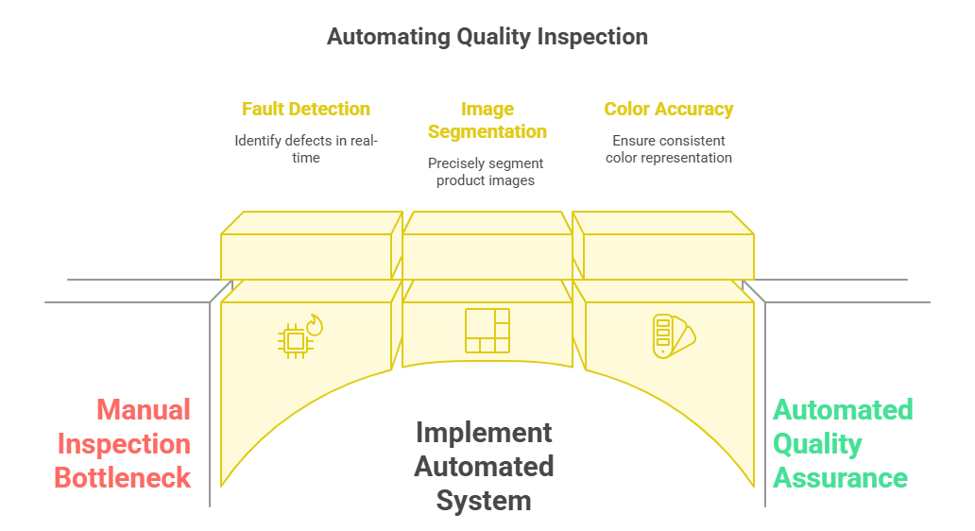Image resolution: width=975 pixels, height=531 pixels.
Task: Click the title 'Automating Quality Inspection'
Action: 487,37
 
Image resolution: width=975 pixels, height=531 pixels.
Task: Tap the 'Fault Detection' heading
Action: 305,109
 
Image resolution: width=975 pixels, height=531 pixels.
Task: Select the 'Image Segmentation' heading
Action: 487,120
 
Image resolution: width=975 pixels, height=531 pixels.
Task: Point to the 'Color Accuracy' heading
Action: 668,109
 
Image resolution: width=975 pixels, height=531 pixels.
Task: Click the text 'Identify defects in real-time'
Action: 305,149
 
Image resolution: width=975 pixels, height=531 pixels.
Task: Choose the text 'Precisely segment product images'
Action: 486,172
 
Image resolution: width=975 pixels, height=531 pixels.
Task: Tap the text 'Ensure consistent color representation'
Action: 670,149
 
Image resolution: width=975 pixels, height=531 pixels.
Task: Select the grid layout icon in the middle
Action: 487,331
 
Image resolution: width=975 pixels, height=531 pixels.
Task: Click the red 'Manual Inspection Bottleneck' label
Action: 124,443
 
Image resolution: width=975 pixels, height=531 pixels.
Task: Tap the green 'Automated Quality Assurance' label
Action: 842,443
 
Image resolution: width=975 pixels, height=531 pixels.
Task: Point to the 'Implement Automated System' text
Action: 484,466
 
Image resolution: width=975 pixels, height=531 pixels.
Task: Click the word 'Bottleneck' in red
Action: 123,477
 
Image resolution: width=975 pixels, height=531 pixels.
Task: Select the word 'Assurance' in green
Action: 840,477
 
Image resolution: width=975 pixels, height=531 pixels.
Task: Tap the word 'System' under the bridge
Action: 484,500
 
